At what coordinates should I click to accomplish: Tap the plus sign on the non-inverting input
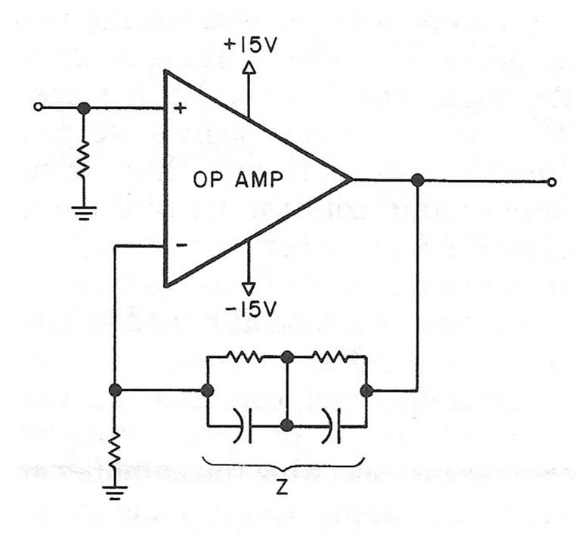coord(180,109)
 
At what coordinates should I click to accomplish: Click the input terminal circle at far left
coord(38,108)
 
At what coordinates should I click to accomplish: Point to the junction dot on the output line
coord(416,181)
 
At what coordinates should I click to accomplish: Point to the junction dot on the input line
coord(84,108)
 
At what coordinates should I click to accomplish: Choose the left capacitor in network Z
coord(243,426)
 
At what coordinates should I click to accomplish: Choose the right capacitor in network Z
coord(333,426)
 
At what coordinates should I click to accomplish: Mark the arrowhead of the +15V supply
coord(249,69)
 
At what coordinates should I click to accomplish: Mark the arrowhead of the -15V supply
coord(249,288)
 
